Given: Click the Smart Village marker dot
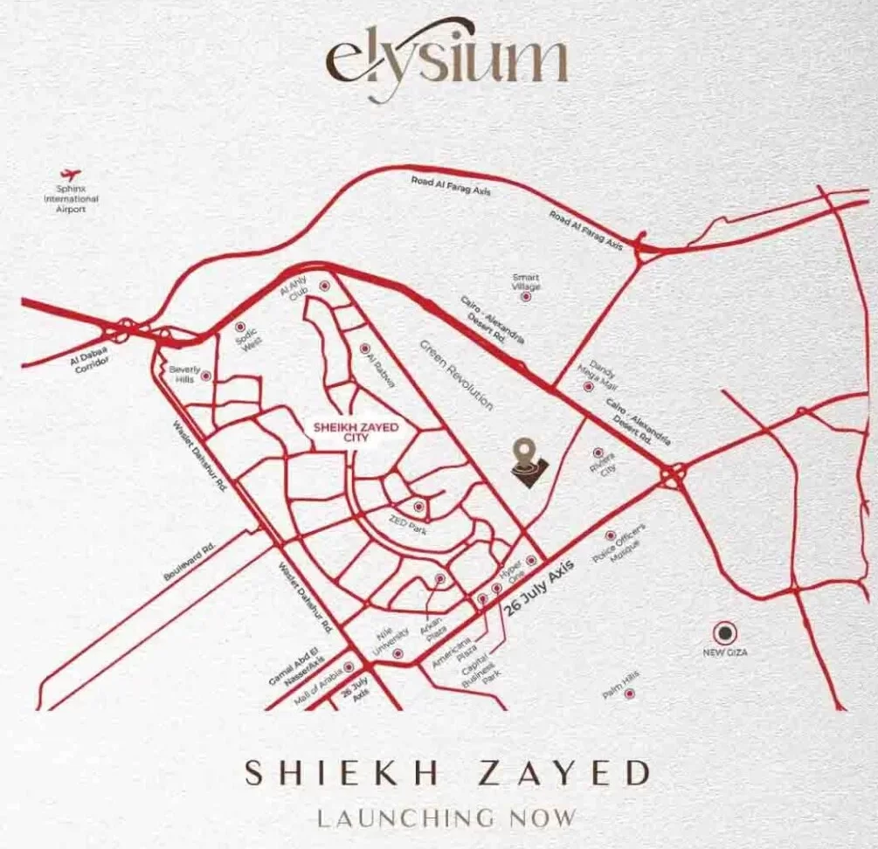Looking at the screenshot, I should point(526,297).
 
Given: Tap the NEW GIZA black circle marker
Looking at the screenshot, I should point(724,632).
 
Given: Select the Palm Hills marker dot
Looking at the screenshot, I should point(628,694).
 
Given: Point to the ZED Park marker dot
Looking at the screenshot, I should point(419,506).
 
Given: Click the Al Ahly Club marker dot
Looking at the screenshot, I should point(325,286).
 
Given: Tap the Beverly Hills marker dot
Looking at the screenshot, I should point(206,376).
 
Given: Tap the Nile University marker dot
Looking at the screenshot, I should point(399,653).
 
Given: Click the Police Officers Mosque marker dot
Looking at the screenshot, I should point(610,535).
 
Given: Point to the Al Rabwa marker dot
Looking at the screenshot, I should point(364,347).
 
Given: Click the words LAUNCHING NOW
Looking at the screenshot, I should point(446,818).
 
